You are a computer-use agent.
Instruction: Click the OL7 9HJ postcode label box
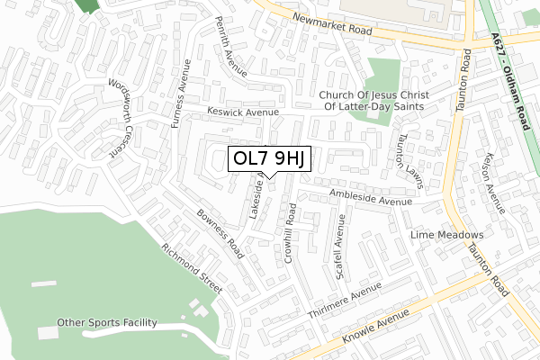pos(270,159)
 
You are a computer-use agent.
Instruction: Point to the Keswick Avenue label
pos(243,112)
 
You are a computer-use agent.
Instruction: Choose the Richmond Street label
pos(191,266)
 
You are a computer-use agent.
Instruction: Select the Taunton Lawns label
pos(407,162)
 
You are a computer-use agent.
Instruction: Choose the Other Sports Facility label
pos(107,322)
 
